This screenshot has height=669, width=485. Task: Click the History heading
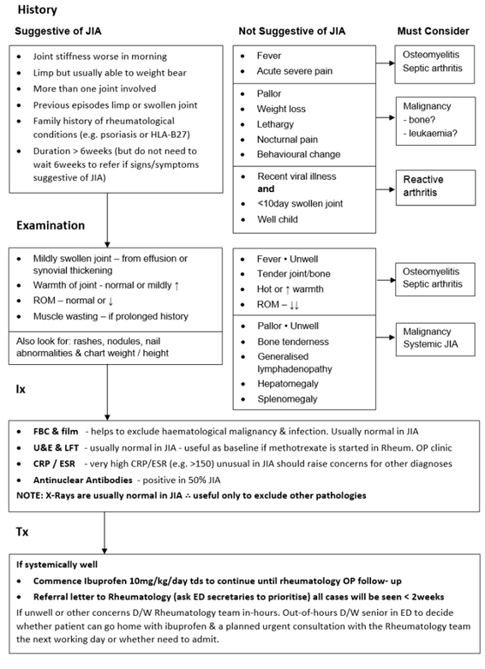(35, 10)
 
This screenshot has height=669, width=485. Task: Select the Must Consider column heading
(433, 31)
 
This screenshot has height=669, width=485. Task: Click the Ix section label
(21, 388)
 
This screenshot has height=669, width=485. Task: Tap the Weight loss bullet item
(281, 109)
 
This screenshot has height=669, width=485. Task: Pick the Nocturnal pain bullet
(287, 140)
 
